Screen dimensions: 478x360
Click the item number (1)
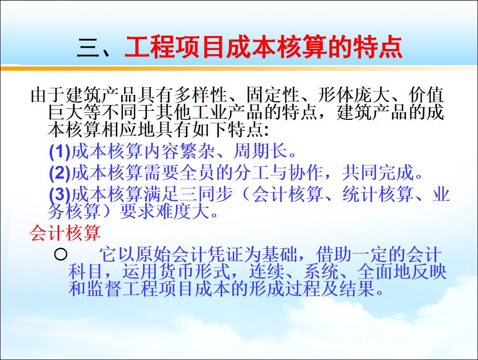[60, 151]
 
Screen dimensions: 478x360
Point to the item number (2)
[60, 173]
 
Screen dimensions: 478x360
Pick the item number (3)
[60, 194]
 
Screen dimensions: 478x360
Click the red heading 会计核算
[65, 233]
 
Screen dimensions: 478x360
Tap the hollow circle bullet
[61, 254]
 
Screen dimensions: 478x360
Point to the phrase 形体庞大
[354, 95]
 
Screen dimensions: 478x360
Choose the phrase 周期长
[260, 151]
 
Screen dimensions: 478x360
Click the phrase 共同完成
[378, 173]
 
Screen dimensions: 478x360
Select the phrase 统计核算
[378, 194]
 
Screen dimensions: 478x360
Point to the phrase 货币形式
[176, 272]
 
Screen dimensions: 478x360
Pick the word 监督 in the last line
[104, 288]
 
